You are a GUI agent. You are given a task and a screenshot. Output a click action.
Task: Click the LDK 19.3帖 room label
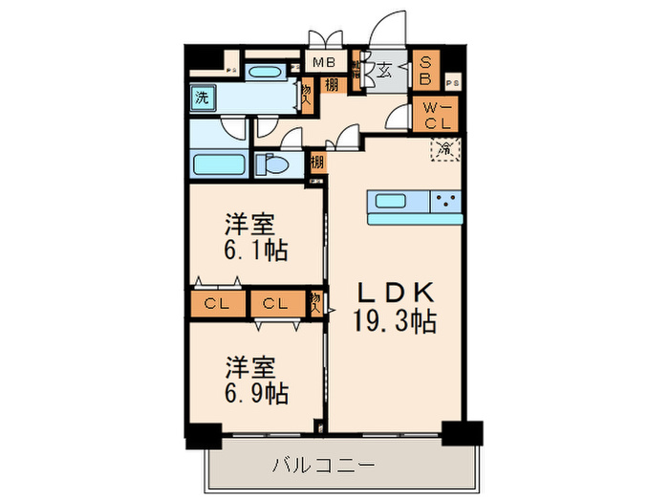point(396,307)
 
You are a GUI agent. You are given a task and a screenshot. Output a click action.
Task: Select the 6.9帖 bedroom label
point(256,380)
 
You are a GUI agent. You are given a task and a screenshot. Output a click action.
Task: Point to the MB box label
point(326,64)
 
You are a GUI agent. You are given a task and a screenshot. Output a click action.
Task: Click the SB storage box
point(426,70)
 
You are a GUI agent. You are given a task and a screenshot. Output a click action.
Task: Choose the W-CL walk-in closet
point(437,115)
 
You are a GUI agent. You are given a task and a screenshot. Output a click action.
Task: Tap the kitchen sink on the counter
point(392,201)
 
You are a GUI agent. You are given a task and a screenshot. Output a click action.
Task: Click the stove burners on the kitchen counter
point(445,201)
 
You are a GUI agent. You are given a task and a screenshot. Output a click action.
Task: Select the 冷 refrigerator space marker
point(444,147)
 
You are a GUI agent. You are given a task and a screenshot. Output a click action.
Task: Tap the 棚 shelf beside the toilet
point(316,163)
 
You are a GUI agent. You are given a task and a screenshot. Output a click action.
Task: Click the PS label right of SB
point(451,84)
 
